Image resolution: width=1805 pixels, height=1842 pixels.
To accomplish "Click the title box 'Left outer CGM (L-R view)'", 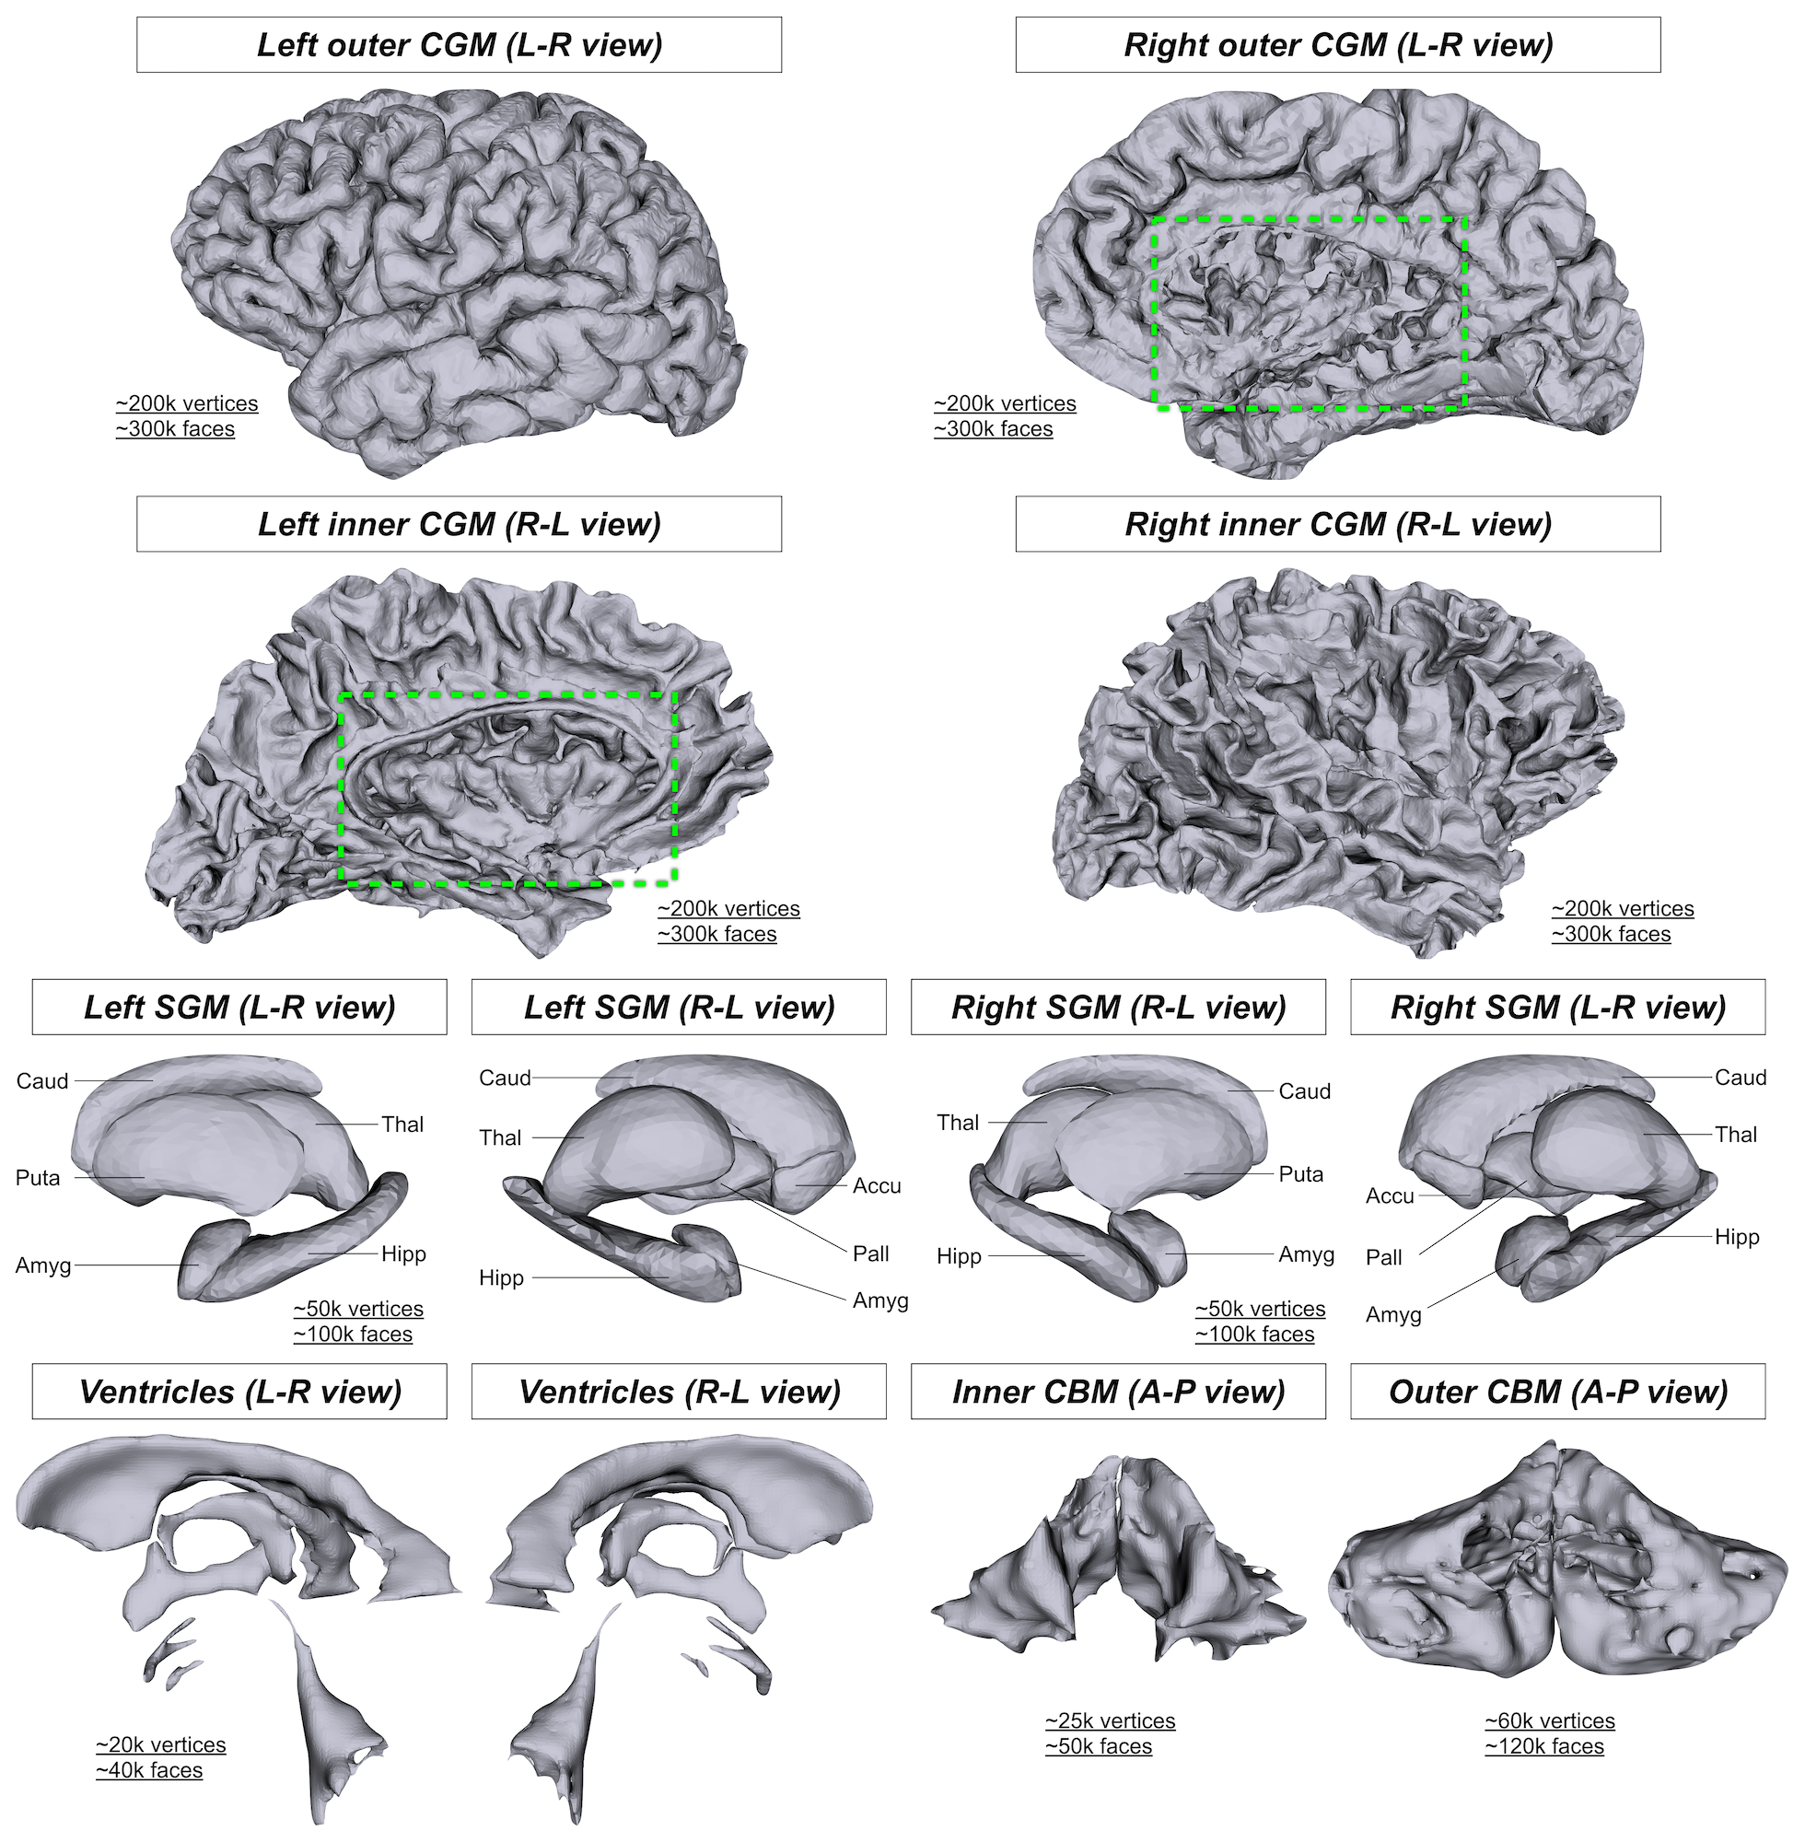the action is [459, 44].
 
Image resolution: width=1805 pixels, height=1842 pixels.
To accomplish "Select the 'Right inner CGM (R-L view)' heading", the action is [1337, 524].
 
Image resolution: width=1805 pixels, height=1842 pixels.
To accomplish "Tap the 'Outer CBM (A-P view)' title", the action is [1557, 1391].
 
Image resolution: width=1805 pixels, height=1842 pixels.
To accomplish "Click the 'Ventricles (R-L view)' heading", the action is [679, 1391].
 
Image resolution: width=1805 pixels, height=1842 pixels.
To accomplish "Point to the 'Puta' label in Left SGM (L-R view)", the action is [38, 1177].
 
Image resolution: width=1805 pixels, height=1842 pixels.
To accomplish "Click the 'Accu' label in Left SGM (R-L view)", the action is [876, 1185].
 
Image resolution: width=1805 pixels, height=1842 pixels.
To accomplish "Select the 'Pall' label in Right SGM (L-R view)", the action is [1383, 1257].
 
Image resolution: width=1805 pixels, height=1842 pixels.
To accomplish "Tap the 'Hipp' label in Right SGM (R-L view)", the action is [959, 1256].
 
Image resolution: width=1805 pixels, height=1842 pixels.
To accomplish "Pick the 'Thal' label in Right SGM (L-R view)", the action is [1735, 1134].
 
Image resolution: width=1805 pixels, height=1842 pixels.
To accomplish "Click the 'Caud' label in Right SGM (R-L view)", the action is [1304, 1091].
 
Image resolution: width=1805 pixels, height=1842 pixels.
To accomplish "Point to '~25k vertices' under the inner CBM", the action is [1109, 1720].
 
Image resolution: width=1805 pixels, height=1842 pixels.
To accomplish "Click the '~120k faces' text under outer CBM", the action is [1544, 1746].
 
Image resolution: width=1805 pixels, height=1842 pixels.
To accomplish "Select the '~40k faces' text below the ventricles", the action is [149, 1770].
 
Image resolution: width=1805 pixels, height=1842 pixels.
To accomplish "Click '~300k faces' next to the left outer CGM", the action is [175, 428].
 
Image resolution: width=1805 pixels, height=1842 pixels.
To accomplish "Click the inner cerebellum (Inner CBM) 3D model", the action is [1119, 1564].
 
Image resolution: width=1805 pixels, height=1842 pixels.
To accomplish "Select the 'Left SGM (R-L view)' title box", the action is [679, 1007].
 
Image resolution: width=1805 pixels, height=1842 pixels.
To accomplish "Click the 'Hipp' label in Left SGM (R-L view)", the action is [501, 1278].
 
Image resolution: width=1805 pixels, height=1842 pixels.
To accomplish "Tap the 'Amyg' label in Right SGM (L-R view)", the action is [1392, 1315].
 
